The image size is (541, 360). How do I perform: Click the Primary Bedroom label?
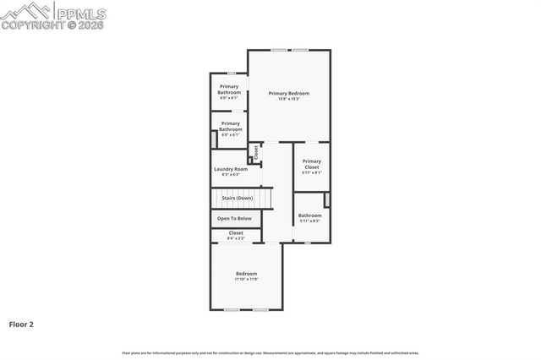(x=288, y=93)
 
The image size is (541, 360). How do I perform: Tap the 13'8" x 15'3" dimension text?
(x=288, y=99)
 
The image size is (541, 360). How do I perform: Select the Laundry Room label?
(x=230, y=169)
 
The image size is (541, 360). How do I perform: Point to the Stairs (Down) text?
(x=231, y=198)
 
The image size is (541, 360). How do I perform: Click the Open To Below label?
(x=234, y=218)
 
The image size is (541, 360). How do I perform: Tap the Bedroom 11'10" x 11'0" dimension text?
(x=246, y=279)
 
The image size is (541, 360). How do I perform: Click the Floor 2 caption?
(x=21, y=324)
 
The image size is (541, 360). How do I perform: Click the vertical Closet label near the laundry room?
(x=256, y=151)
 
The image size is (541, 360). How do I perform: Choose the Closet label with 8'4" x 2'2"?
(x=236, y=232)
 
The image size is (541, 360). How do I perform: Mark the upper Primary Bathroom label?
(x=229, y=89)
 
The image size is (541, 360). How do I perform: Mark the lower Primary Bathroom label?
(x=231, y=126)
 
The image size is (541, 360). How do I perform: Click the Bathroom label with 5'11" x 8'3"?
(x=309, y=215)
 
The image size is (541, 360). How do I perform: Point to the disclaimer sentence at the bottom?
(x=270, y=352)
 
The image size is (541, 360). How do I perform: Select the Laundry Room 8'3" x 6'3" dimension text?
(x=230, y=175)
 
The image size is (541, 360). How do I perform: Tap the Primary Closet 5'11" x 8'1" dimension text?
(x=312, y=172)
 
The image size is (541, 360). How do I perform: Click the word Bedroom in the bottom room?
(x=246, y=273)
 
